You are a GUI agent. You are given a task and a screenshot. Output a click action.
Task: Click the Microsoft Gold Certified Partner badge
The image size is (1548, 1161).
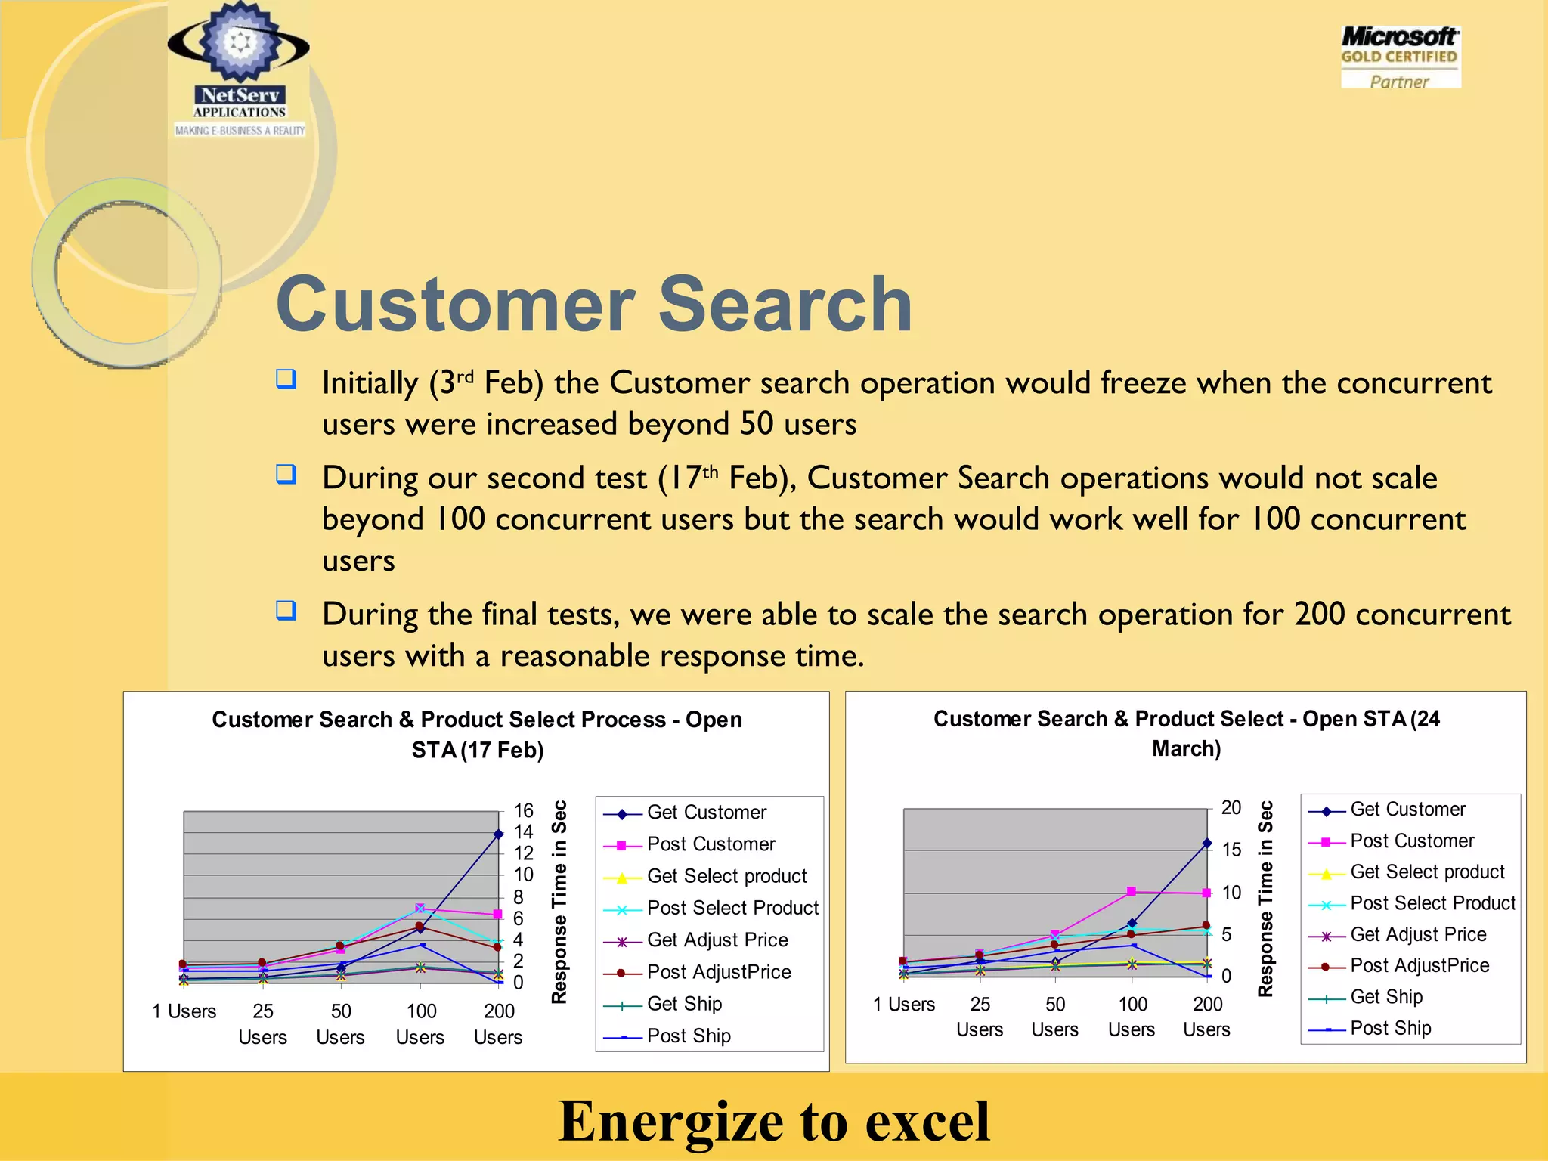tap(1400, 57)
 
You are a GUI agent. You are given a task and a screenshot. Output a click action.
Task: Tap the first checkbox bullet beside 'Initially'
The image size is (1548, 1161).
tap(286, 379)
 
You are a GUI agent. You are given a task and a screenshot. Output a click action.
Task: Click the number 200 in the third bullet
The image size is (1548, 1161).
tap(1319, 614)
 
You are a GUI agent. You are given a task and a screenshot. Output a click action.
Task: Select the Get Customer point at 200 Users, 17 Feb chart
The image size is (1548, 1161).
tap(498, 834)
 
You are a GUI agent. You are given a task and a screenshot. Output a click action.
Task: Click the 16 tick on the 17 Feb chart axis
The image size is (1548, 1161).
tap(523, 811)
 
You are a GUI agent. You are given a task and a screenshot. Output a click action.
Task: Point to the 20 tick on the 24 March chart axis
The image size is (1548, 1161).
tap(1231, 808)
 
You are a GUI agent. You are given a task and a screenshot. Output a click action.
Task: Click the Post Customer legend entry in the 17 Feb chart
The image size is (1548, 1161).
tap(711, 844)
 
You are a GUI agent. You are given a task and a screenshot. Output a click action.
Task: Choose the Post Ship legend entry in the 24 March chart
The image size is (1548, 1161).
tap(1390, 1028)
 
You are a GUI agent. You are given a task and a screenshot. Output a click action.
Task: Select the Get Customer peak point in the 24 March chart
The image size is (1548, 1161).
tap(1206, 843)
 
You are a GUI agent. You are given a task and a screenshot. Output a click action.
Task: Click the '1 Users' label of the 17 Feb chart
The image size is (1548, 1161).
tap(184, 1011)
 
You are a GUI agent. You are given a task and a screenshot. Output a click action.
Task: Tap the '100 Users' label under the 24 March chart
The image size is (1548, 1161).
tap(1132, 1017)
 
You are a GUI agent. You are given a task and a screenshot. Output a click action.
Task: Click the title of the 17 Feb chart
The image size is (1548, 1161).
tap(477, 734)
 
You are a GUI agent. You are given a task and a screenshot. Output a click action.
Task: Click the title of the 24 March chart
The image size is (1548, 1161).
tap(1186, 732)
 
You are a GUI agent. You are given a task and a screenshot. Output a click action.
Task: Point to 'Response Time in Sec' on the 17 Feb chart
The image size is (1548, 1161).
tap(559, 902)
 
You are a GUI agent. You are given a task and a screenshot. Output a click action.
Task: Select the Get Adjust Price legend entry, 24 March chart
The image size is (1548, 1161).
tap(1417, 935)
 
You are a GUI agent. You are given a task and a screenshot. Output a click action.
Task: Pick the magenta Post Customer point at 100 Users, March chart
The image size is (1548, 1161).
tap(1131, 892)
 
